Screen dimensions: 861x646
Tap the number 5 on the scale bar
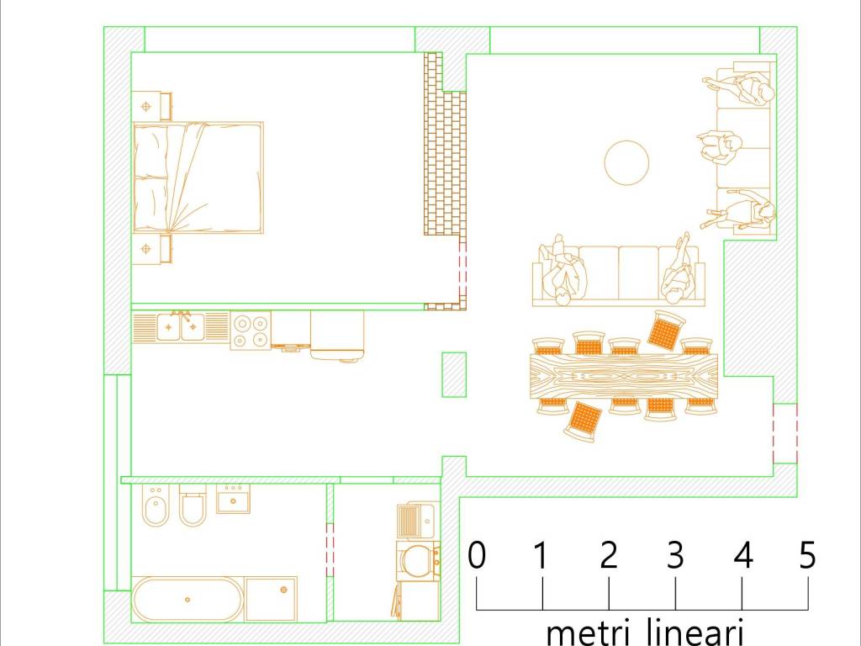pos(807,555)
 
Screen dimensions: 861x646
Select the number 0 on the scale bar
pos(477,555)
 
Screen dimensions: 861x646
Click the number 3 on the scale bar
pos(675,555)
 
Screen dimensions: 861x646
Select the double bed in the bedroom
pos(198,178)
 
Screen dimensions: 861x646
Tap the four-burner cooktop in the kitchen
pos(251,330)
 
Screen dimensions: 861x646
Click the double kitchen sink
pos(181,327)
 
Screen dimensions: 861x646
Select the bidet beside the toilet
pos(156,506)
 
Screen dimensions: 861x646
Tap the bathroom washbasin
pos(233,499)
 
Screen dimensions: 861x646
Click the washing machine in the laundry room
pos(418,559)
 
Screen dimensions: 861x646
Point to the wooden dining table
pos(624,376)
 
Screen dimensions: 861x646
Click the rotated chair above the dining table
pos(666,329)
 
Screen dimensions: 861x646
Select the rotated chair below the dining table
pos(584,421)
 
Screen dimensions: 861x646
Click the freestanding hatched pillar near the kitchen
pos(454,374)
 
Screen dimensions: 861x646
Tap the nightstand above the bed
pos(151,106)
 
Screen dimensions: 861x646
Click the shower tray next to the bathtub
pos(272,599)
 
